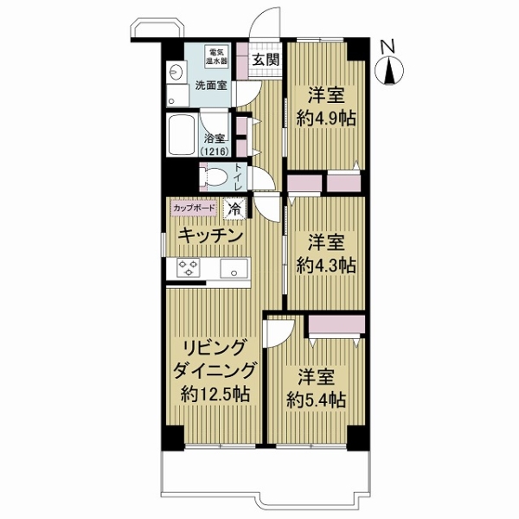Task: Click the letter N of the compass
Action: point(389,47)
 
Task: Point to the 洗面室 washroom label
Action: point(210,86)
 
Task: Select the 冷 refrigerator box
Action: point(234,208)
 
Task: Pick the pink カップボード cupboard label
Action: point(194,208)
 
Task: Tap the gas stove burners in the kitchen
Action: point(189,269)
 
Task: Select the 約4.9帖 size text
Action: point(325,119)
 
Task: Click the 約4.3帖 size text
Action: point(325,265)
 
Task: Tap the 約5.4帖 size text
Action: point(317,400)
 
